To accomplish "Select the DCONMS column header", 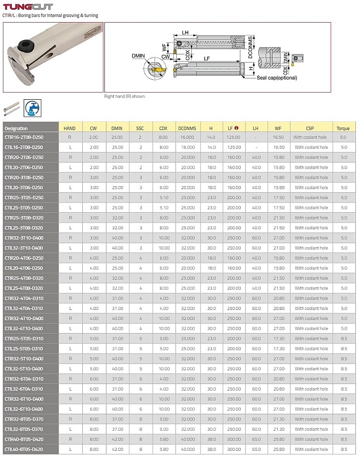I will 187,128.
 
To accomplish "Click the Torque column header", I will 343,128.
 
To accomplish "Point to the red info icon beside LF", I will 236,128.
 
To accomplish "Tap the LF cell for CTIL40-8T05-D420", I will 234,449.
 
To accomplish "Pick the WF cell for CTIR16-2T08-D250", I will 278,137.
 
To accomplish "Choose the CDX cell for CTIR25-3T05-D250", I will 164,197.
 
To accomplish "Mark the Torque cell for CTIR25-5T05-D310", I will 343,338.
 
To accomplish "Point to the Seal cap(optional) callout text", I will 278,78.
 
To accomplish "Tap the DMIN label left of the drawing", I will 138,55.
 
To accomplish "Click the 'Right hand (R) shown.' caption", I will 125,96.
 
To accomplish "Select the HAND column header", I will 69,128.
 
